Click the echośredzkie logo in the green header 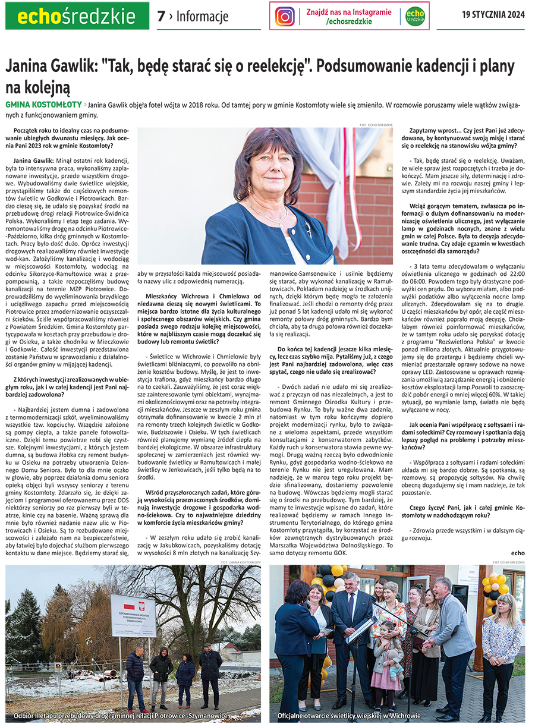(x=77, y=16)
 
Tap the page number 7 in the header (x=160, y=16)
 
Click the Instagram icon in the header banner (x=285, y=16)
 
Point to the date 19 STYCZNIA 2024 (x=493, y=15)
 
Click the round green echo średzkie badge (x=415, y=16)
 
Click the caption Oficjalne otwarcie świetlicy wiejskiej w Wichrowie (x=349, y=716)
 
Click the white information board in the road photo (x=133, y=616)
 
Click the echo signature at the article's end (x=517, y=552)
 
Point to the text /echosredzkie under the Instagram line (x=349, y=21)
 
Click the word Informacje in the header (x=202, y=17)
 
